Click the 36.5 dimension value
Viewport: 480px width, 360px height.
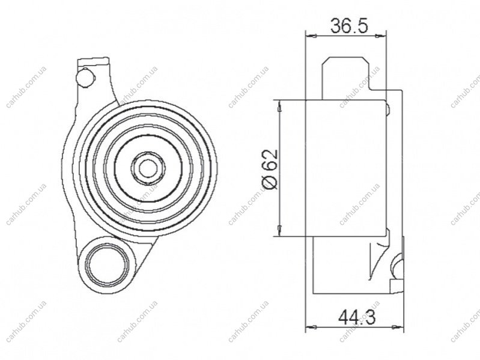coord(348,26)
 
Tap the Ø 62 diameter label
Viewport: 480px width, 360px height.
coord(270,169)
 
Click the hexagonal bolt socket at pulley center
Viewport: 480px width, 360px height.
coord(148,168)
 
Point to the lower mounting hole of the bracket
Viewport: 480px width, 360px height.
coord(106,263)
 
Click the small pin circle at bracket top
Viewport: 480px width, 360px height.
coord(85,76)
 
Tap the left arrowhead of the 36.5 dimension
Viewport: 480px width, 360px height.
coord(311,36)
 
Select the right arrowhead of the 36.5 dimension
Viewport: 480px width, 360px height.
coord(381,36)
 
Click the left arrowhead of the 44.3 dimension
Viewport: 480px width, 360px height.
coord(311,327)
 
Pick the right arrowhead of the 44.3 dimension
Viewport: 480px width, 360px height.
coord(398,327)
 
